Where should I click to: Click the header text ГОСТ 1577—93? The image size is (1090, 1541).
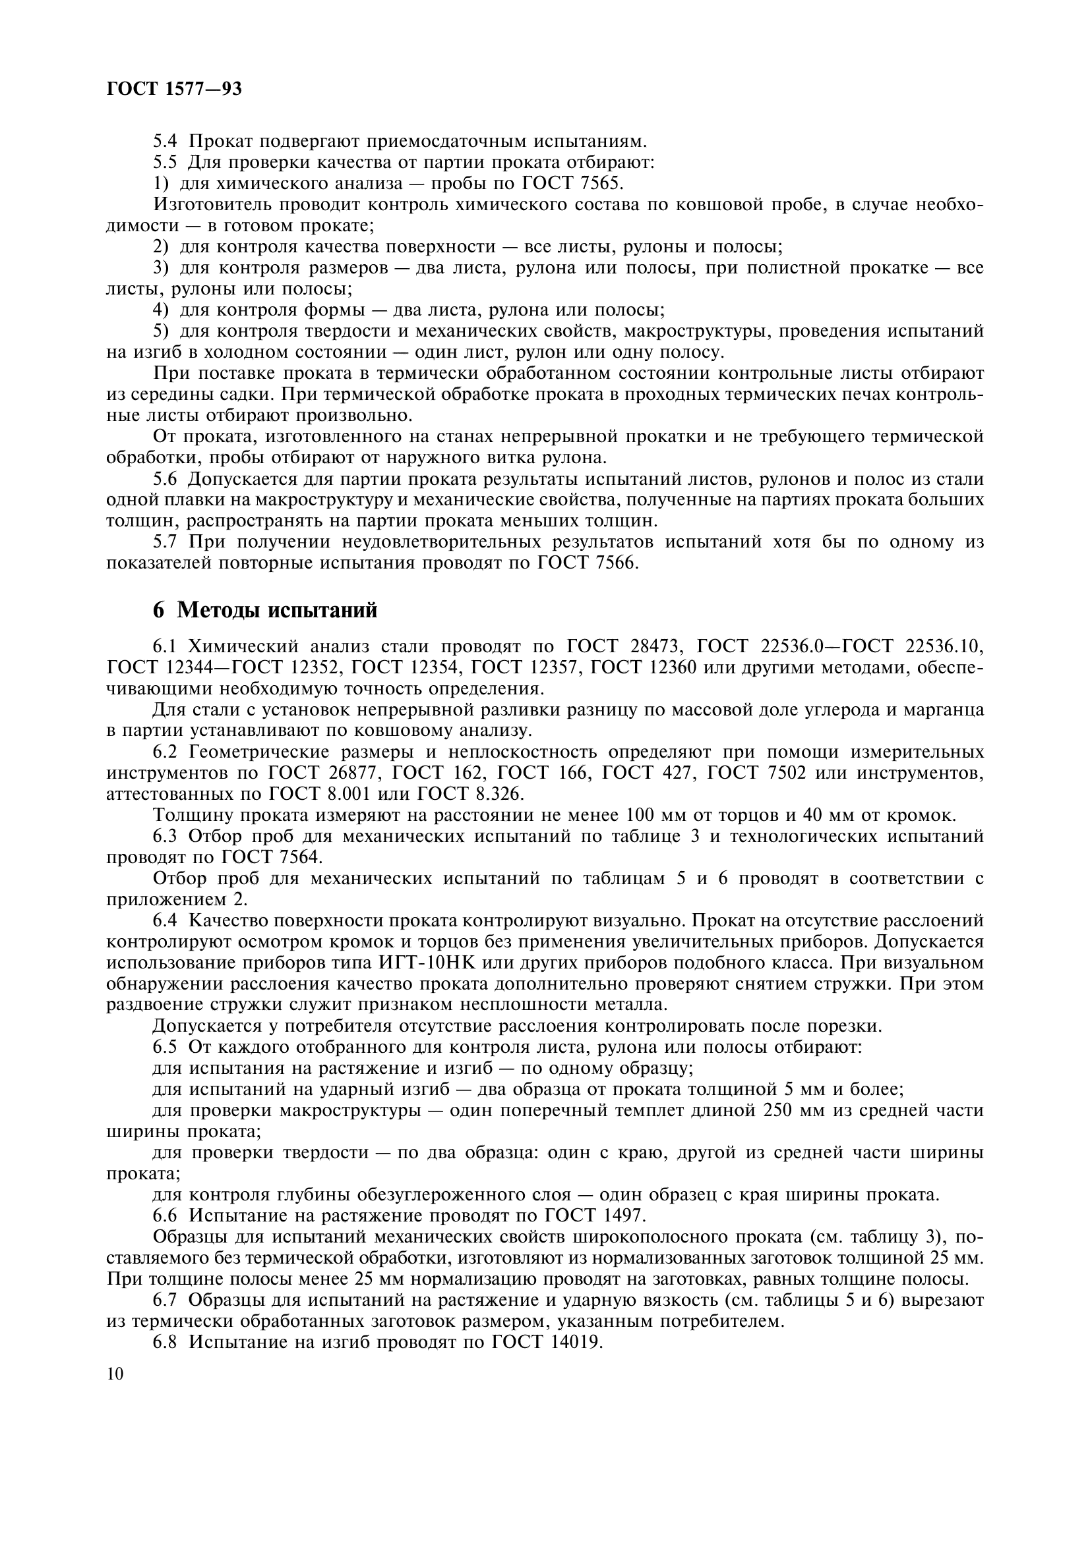click(174, 88)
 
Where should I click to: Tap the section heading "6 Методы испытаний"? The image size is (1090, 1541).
click(265, 610)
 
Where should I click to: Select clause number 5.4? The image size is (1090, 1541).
click(166, 142)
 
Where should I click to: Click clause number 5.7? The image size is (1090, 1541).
click(166, 542)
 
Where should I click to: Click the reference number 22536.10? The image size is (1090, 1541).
click(944, 647)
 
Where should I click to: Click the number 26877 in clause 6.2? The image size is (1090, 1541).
click(349, 773)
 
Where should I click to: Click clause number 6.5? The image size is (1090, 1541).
click(166, 1047)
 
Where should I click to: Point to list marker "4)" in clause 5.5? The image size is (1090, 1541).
click(160, 310)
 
